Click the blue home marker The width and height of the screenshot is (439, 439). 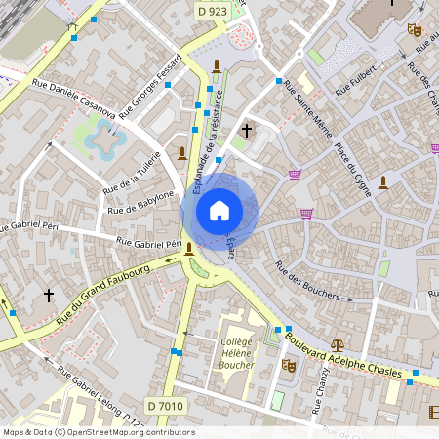click(219, 210)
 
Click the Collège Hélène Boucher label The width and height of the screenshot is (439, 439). click(236, 353)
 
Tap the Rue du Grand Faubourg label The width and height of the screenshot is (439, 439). click(101, 293)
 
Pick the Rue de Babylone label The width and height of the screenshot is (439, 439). click(140, 203)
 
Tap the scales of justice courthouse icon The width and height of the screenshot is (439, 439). click(338, 343)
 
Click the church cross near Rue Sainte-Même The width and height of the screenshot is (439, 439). click(247, 129)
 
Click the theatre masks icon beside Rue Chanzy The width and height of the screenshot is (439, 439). click(288, 364)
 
